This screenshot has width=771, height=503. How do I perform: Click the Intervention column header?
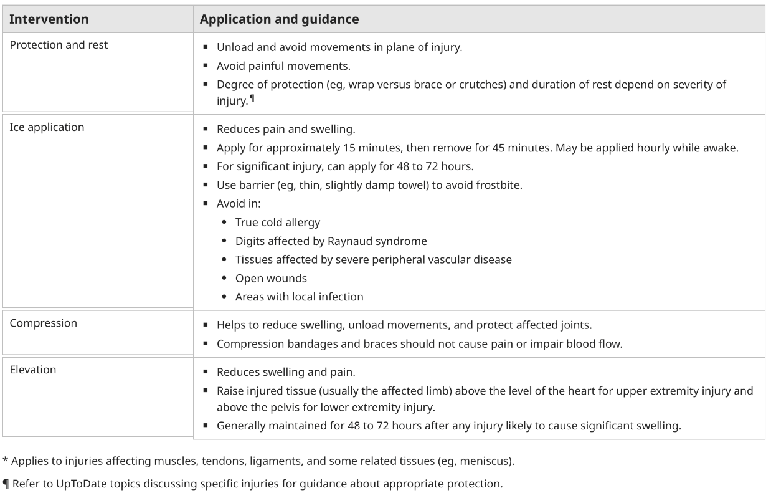pos(49,19)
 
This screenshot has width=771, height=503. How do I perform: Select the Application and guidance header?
pos(279,19)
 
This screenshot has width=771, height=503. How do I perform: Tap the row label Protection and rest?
pos(59,45)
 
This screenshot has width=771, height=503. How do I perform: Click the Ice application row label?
pos(47,127)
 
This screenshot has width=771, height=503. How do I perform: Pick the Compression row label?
pos(44,323)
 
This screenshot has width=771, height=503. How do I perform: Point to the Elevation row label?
pos(33,370)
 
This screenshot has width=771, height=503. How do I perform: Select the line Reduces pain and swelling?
pos(285,130)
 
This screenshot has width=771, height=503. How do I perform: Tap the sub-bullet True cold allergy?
pos(277,223)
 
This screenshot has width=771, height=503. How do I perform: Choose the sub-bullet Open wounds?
pos(271,278)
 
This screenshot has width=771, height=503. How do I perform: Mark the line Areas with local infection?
pos(299,297)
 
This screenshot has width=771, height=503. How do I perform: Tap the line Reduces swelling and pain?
pos(285,372)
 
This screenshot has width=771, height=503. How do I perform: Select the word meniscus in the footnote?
pos(490,461)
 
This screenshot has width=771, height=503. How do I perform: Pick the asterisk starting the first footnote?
pos(5,461)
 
